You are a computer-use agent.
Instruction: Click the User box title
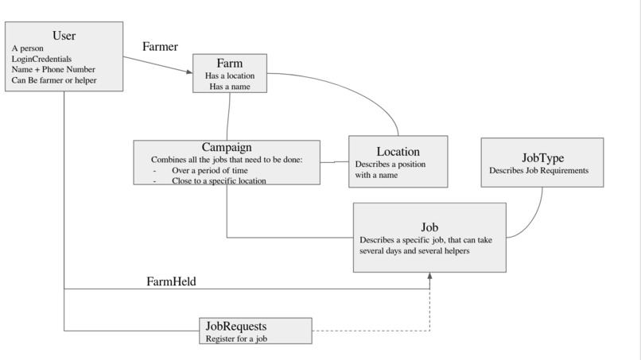pyautogui.click(x=64, y=35)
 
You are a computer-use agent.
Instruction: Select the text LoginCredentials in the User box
pyautogui.click(x=41, y=59)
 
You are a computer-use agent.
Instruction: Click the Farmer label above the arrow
pyautogui.click(x=160, y=46)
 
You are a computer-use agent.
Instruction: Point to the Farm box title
pyautogui.click(x=230, y=63)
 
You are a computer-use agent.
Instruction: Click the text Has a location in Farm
pyautogui.click(x=230, y=75)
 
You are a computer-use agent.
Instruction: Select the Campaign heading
pyautogui.click(x=227, y=147)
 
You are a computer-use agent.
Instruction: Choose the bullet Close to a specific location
pyautogui.click(x=218, y=180)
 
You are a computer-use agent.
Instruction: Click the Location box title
pyautogui.click(x=398, y=151)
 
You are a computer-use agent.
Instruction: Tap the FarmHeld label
pyautogui.click(x=171, y=281)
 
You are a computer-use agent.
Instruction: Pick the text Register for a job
pyautogui.click(x=235, y=339)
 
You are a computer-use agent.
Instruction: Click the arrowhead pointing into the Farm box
pyautogui.click(x=189, y=72)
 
